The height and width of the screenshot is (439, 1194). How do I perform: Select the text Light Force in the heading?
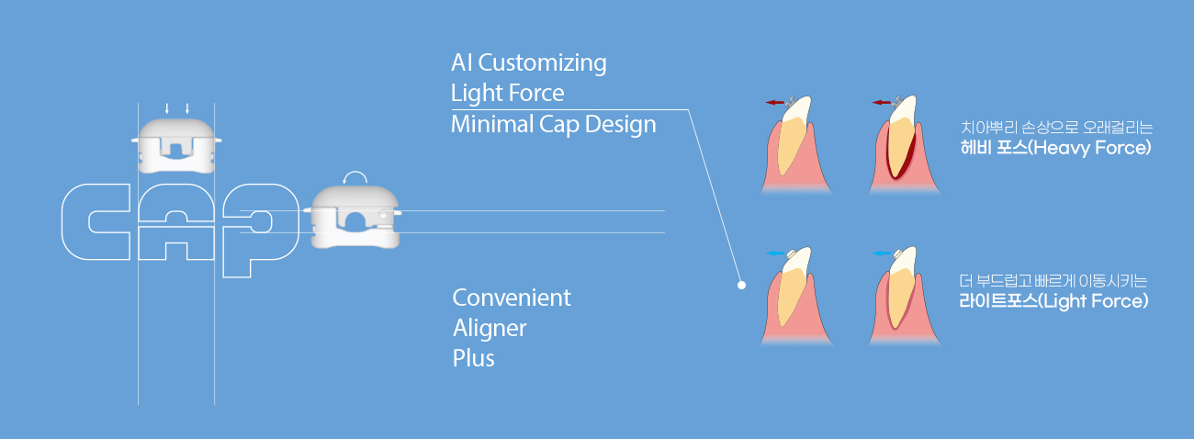pos(507,94)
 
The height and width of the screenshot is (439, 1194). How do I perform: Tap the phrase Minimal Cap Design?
pos(553,125)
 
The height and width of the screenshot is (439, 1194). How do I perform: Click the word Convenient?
pos(512,298)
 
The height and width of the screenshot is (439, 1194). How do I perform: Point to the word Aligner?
pos(490,328)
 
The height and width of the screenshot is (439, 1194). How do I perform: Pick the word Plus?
pos(473,358)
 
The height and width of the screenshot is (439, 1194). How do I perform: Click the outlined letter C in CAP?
pos(96,221)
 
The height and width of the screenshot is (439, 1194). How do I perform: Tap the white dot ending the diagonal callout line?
pos(741,285)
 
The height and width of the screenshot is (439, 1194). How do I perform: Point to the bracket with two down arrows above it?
pos(176,146)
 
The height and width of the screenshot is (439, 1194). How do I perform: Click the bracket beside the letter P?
pos(353,217)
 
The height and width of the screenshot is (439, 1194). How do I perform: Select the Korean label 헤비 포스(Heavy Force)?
pos(1055,148)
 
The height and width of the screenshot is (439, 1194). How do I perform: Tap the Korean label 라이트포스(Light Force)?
pos(1053,301)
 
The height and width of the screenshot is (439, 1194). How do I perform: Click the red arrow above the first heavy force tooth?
pos(774,102)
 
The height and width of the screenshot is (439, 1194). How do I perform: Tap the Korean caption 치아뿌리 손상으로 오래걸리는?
pos(1056,128)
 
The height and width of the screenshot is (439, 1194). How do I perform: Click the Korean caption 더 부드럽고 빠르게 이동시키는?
pos(1053,281)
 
